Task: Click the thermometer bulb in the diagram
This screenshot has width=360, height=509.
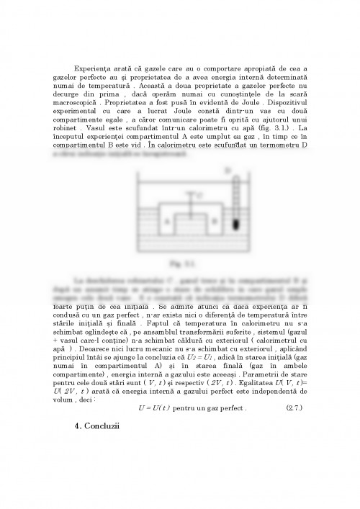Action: (x=235, y=224)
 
